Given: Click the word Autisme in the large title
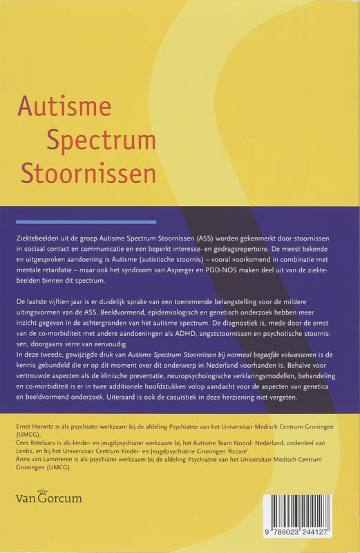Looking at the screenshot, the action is tap(64, 107).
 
